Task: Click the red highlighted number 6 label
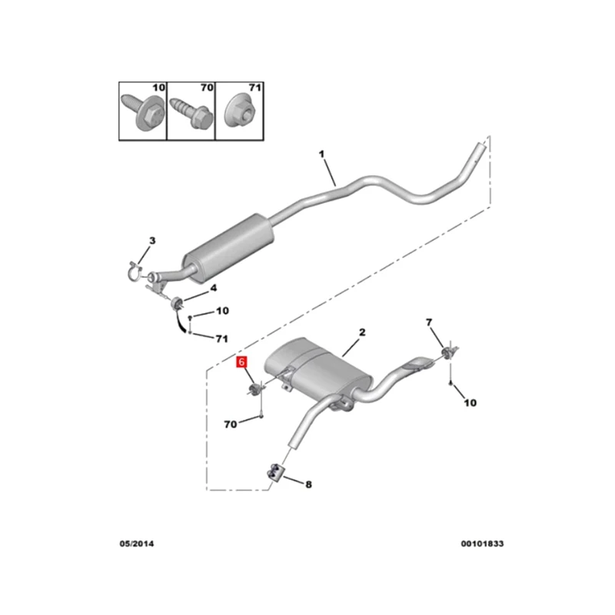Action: pyautogui.click(x=242, y=361)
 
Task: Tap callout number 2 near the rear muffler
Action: pyautogui.click(x=362, y=333)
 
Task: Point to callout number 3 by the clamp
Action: pyautogui.click(x=151, y=241)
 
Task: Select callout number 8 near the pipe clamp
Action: pyautogui.click(x=309, y=485)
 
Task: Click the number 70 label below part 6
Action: pyautogui.click(x=231, y=424)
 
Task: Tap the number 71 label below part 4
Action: pyautogui.click(x=222, y=337)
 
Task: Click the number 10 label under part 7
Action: pyautogui.click(x=470, y=402)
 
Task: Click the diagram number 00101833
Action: pyautogui.click(x=482, y=544)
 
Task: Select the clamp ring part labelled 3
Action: pyautogui.click(x=135, y=268)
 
